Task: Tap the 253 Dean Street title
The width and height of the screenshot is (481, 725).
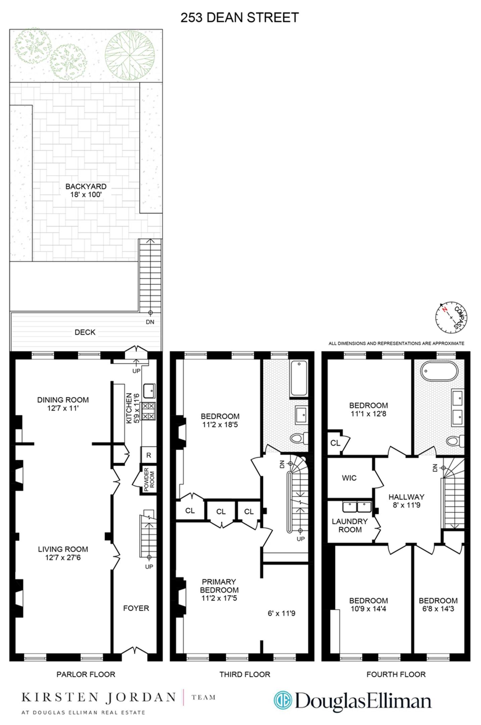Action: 240,17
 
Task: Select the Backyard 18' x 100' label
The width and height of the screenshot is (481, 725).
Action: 86,190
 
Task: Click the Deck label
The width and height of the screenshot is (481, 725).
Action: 85,332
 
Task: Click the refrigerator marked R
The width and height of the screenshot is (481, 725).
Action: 148,455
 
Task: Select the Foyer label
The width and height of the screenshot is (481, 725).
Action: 136,608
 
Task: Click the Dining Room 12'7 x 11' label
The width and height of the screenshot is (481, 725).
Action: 63,404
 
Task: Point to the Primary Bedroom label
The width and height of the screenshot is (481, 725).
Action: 219,590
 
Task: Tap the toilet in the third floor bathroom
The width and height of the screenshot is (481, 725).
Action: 298,438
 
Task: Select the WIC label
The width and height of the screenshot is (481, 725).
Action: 349,478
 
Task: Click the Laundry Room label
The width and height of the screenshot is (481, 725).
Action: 350,525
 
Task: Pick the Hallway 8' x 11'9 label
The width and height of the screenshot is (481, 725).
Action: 406,501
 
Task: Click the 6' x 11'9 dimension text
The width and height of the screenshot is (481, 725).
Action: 281,613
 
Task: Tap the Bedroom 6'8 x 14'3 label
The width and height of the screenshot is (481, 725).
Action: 438,605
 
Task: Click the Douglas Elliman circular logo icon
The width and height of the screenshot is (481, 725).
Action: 283,700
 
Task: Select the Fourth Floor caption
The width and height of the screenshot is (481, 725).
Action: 396,674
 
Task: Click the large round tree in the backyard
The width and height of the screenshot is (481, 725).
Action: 130,55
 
